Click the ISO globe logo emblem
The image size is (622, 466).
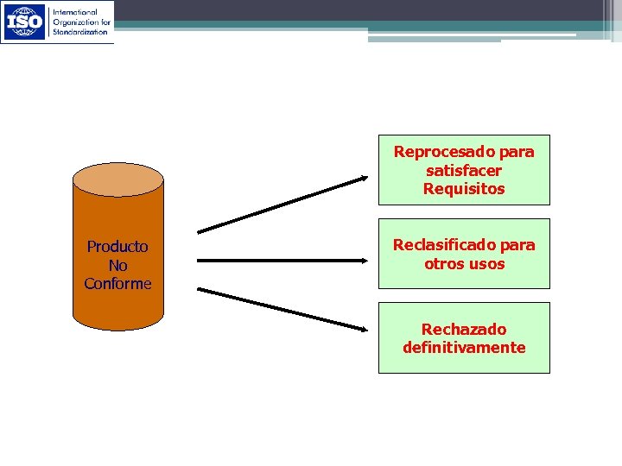click(25, 22)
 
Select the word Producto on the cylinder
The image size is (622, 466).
click(117, 247)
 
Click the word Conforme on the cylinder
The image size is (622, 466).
click(117, 284)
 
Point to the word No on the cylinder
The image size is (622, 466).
click(117, 266)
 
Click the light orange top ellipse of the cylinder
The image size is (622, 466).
click(117, 179)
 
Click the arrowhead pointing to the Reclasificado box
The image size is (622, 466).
click(360, 260)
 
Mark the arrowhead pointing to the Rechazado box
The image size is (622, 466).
click(360, 326)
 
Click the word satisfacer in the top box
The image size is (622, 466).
click(464, 171)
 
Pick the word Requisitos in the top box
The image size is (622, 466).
click(464, 189)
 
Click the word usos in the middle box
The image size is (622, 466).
click(487, 264)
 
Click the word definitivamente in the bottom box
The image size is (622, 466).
click(464, 348)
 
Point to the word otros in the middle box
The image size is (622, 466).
click(445, 264)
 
